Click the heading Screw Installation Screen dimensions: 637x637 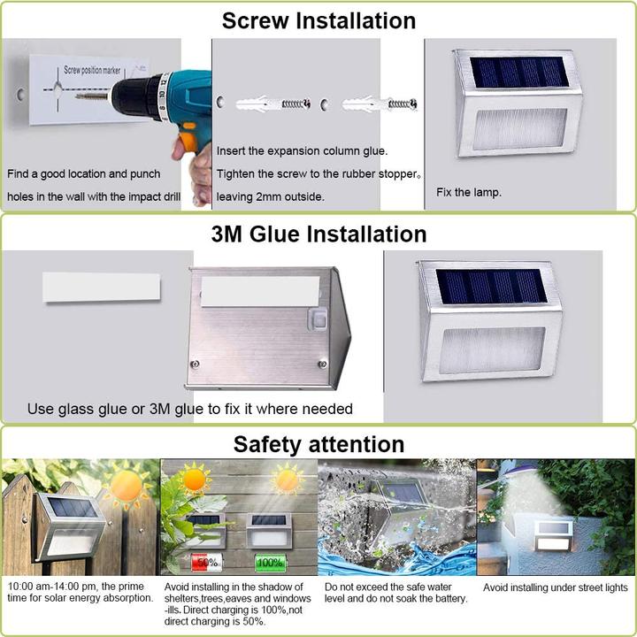[x=318, y=20]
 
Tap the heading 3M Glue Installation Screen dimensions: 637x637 [x=318, y=234]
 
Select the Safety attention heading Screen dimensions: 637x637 [x=318, y=444]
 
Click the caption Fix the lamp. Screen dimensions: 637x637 [x=469, y=192]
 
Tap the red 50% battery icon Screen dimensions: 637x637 [x=205, y=562]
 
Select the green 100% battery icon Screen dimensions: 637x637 [x=269, y=562]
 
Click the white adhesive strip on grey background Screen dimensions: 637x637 [x=101, y=287]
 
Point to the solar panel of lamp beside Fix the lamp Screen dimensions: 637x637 [x=518, y=73]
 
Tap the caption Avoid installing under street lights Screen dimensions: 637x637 [x=555, y=587]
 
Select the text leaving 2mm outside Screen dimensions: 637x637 [x=271, y=197]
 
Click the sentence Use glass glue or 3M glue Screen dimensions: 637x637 [x=190, y=409]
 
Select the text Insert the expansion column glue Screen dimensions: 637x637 [x=302, y=151]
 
